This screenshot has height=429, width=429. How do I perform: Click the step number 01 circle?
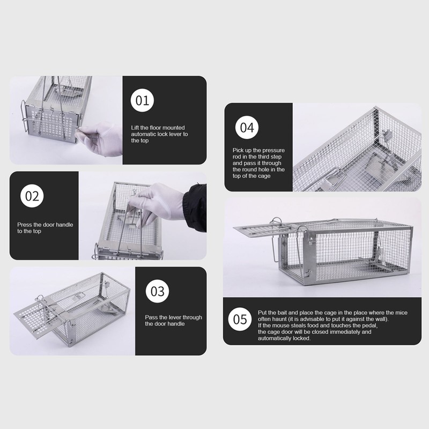click(142, 100)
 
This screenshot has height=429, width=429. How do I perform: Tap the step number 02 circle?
click(32, 196)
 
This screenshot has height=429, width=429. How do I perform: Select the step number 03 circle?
click(157, 291)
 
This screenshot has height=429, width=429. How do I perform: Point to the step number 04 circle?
click(247, 127)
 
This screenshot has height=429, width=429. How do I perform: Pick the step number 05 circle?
click(240, 319)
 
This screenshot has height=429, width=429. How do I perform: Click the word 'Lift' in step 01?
click(135, 128)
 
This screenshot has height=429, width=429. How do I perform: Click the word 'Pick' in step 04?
click(238, 150)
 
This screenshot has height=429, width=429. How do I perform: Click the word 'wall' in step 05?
click(381, 319)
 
